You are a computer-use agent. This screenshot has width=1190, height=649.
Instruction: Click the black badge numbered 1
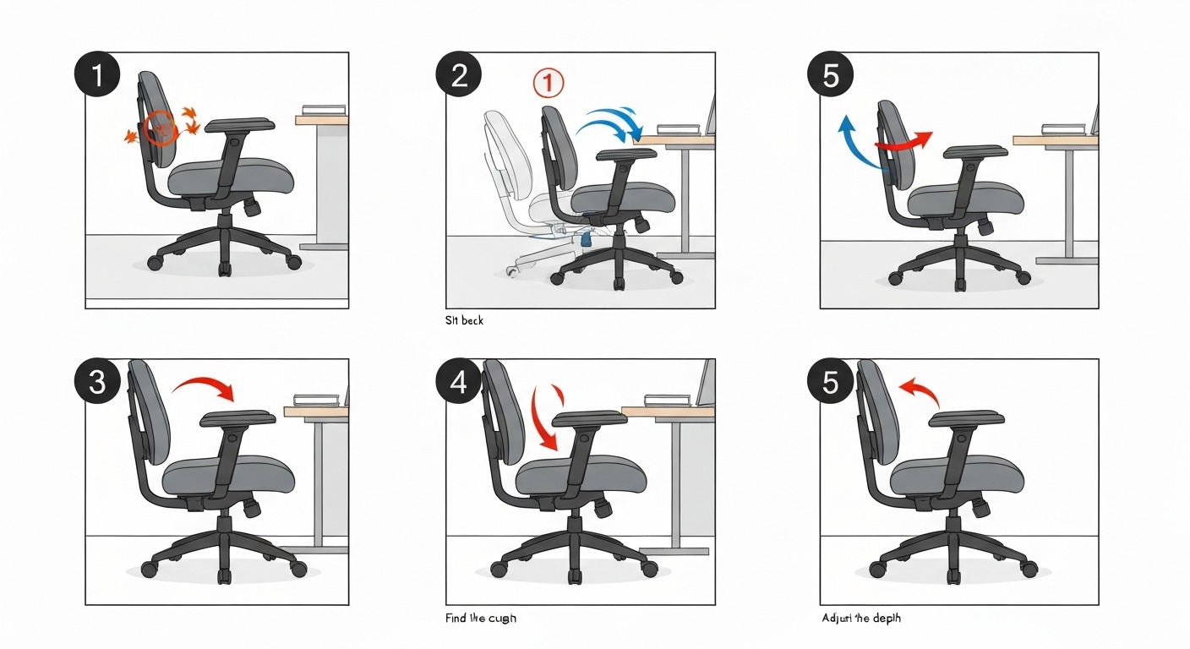click(x=97, y=76)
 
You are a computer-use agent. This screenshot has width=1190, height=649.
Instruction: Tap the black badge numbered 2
click(x=459, y=76)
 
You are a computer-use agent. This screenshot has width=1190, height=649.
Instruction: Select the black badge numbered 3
click(x=97, y=382)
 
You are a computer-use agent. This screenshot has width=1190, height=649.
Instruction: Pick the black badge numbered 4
click(x=459, y=382)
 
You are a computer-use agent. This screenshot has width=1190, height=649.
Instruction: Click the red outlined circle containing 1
click(x=548, y=83)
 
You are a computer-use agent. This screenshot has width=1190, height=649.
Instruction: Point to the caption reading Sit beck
click(x=464, y=321)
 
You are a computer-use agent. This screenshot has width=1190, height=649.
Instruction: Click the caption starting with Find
click(x=480, y=619)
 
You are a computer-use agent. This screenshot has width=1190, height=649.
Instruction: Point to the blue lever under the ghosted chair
click(x=585, y=240)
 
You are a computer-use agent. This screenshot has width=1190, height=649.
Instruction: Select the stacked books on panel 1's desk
click(x=323, y=110)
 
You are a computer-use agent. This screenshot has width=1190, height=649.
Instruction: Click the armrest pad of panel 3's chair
click(x=238, y=417)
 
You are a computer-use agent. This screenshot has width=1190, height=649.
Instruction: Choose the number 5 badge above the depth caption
click(x=831, y=382)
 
